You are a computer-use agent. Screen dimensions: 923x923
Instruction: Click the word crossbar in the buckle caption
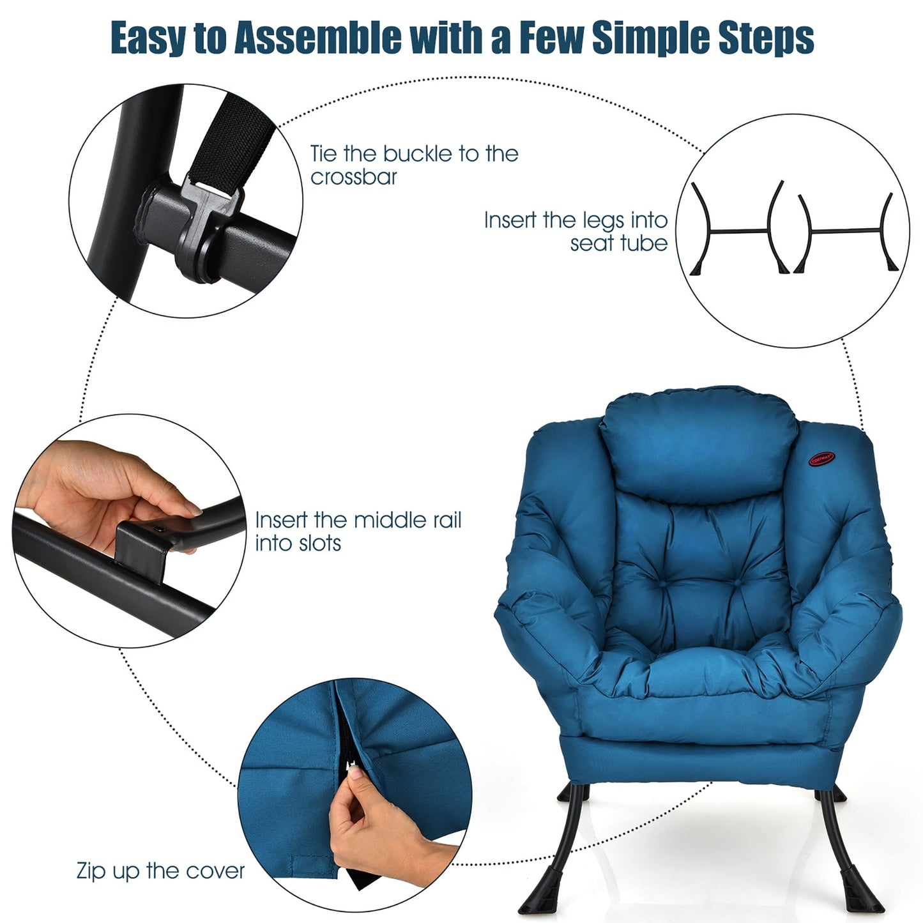(x=354, y=177)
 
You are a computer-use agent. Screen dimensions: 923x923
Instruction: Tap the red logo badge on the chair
(x=823, y=458)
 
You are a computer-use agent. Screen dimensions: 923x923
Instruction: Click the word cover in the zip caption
(x=214, y=871)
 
